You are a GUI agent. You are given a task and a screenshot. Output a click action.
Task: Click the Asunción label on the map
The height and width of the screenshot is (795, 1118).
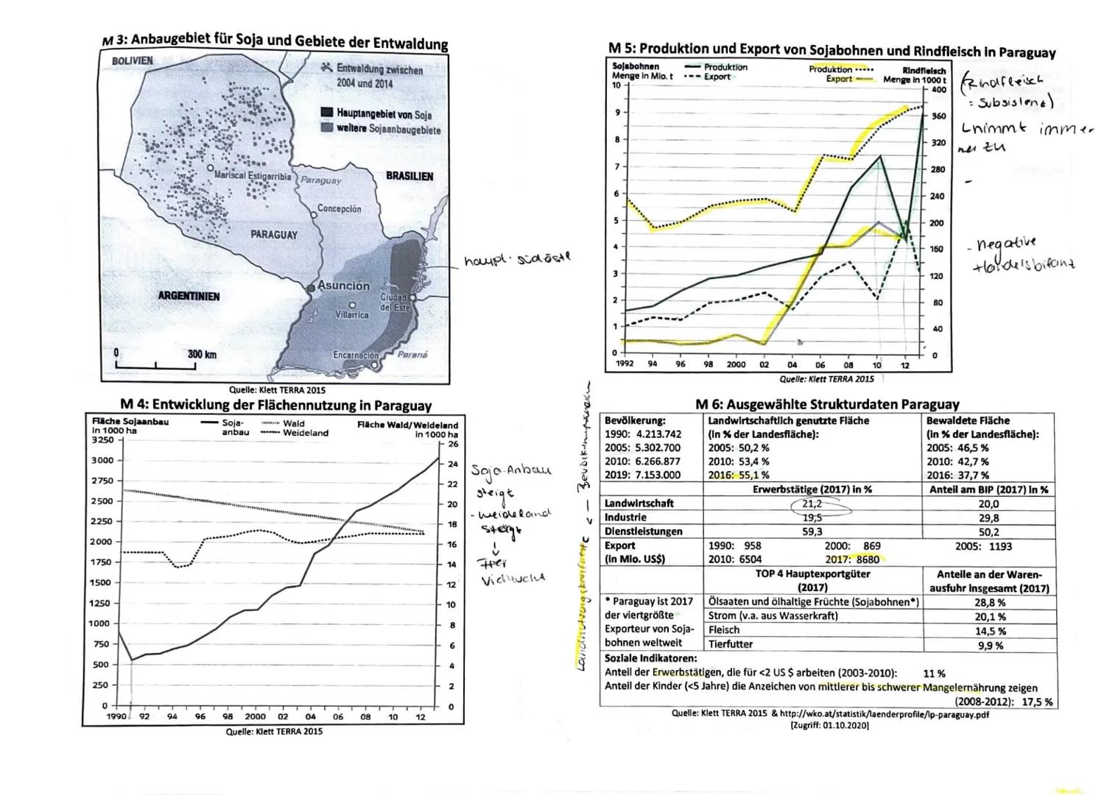coord(343,286)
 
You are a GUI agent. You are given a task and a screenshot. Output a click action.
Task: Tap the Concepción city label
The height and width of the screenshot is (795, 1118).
coord(339,209)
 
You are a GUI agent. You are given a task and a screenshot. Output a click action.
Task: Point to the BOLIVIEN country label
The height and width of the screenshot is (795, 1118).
coord(133,60)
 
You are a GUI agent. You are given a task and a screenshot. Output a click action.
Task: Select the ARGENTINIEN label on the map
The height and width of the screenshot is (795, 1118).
coord(189,296)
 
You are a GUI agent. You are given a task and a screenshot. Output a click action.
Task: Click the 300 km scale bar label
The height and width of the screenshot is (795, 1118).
coord(202,354)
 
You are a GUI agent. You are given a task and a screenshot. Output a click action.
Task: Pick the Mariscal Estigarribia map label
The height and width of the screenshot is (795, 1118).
coord(253,176)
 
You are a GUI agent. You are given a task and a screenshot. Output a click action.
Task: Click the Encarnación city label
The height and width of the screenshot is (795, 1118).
coord(356,355)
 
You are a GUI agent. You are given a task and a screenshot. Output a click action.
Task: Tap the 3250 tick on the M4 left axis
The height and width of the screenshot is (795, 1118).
coord(102,439)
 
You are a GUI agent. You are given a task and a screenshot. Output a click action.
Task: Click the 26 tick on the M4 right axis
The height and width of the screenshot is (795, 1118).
coord(452,444)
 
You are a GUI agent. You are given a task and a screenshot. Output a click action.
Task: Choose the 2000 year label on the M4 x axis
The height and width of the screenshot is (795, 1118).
coord(255,716)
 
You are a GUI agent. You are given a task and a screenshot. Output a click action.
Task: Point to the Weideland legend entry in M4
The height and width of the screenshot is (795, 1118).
coord(306,433)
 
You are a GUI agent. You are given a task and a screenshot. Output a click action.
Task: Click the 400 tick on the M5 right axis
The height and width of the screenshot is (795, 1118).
coord(938,90)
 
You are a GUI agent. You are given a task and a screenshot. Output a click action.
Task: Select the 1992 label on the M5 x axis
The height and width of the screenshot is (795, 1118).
coord(625,364)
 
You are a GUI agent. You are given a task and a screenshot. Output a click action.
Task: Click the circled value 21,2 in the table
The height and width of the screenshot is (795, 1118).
coord(812,504)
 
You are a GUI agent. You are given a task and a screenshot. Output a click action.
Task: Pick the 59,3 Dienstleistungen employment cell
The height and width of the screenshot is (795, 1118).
coord(812,531)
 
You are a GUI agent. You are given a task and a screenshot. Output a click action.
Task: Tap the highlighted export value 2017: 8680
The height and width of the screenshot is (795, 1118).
coord(852,559)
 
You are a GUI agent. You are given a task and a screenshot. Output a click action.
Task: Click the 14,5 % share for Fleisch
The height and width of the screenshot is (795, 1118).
coord(989,631)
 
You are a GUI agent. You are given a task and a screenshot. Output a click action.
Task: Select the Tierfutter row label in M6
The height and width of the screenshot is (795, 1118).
coord(731,644)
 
